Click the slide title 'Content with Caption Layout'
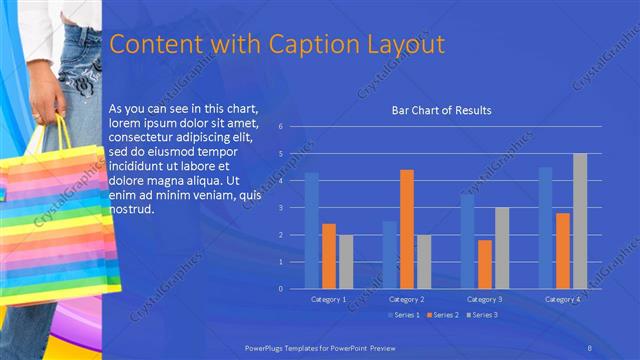coord(276,45)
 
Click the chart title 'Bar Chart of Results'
coord(441,110)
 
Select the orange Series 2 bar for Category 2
coord(407,229)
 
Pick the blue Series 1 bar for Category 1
coord(312,230)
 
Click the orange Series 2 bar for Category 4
coord(563,250)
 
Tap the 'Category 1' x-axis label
coord(329,299)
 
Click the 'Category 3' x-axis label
coord(485,299)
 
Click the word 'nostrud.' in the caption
coord(132,211)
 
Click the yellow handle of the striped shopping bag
coord(62,130)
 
